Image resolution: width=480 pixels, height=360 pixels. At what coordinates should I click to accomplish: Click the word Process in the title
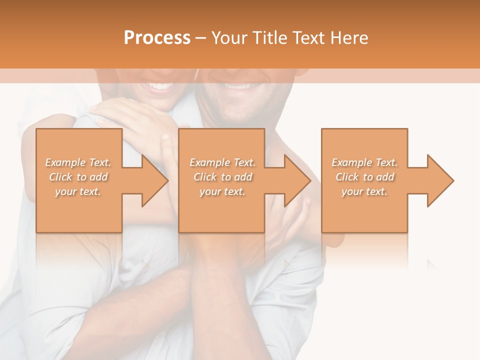click(x=157, y=38)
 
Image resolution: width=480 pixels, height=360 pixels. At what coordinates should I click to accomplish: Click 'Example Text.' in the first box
click(x=78, y=162)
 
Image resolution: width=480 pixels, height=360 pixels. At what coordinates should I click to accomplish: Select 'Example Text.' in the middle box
click(x=222, y=162)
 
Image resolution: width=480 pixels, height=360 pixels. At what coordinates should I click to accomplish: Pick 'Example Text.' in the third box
click(x=364, y=162)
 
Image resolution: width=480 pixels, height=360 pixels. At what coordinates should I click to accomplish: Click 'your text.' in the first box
click(x=78, y=191)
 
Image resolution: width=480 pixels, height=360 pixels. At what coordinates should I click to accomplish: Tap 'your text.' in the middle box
click(x=222, y=191)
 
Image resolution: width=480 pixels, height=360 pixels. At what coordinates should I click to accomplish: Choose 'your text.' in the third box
click(x=364, y=191)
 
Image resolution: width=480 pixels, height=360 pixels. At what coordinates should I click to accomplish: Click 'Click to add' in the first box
click(x=78, y=177)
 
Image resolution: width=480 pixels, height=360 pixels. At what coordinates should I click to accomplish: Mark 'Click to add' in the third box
click(x=364, y=177)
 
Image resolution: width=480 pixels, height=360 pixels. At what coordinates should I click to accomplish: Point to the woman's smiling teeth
click(x=159, y=86)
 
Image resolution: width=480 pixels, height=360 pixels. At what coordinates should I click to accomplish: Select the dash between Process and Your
click(x=201, y=38)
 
